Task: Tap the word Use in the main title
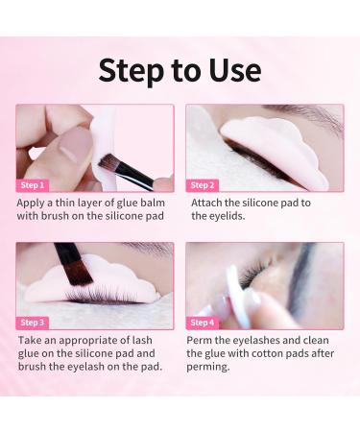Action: (x=235, y=70)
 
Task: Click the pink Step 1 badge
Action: (x=33, y=185)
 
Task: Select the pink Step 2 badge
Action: (x=203, y=185)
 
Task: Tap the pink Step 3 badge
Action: (x=33, y=323)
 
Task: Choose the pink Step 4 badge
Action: (x=203, y=323)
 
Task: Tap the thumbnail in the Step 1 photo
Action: (x=73, y=145)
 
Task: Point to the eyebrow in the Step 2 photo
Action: (x=307, y=115)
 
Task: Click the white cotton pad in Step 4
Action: (x=238, y=296)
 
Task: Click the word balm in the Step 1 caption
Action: (x=152, y=203)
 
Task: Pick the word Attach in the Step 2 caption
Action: (x=206, y=203)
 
